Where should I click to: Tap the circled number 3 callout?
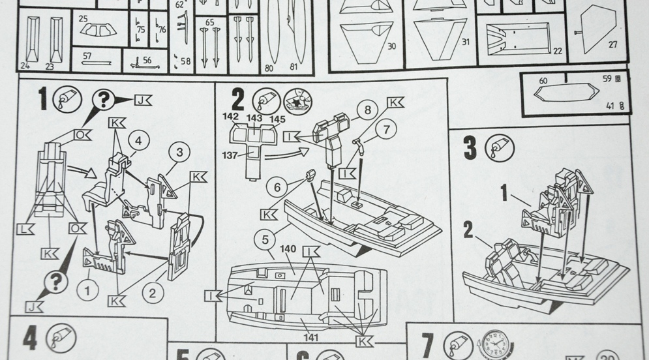(x=179, y=153)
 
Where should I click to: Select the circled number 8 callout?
(x=367, y=110)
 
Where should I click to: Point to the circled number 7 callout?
(x=386, y=130)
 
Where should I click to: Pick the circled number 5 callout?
(x=265, y=240)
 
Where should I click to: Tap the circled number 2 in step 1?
(x=152, y=293)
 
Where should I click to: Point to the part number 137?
(x=229, y=155)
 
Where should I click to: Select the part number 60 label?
(x=543, y=81)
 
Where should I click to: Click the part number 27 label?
(x=612, y=45)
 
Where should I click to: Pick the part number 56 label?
(x=147, y=60)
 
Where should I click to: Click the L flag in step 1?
(x=24, y=229)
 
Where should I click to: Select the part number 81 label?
(x=294, y=67)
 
